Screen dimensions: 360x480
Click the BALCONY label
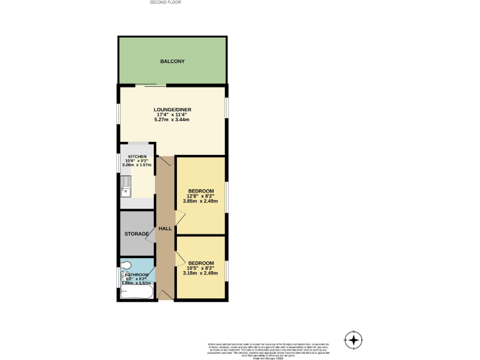[x=172, y=61]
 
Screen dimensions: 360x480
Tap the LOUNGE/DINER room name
[x=172, y=109]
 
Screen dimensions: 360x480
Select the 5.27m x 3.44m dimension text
[x=172, y=119]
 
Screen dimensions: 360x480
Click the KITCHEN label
[x=137, y=156]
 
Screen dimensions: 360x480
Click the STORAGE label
[x=136, y=234]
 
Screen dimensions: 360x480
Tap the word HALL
[x=165, y=229]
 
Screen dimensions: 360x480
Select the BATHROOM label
[x=136, y=275]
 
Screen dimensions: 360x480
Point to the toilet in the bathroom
[x=126, y=265]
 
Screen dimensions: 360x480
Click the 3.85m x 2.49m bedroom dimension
[x=201, y=201]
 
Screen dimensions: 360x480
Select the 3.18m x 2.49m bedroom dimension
[x=201, y=272]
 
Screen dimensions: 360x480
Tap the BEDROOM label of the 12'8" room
[x=201, y=191]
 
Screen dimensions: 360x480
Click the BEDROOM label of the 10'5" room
[x=201, y=262]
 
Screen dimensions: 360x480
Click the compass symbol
[x=354, y=340]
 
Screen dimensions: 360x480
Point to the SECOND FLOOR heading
[x=165, y=2]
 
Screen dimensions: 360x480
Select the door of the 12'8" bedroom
[x=180, y=217]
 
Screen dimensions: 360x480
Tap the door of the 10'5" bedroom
[x=180, y=257]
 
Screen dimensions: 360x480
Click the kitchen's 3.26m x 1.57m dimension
[x=137, y=165]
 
